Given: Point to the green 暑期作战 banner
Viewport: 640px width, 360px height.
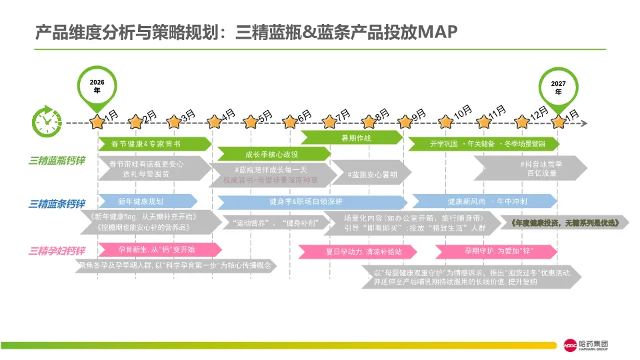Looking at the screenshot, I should pyautogui.click(x=351, y=137).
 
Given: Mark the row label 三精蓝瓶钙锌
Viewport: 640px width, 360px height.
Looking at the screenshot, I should pyautogui.click(x=57, y=161).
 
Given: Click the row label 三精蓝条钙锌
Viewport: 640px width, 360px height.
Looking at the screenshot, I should pyautogui.click(x=57, y=204).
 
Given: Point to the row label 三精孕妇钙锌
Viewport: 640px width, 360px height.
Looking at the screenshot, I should pyautogui.click(x=57, y=251).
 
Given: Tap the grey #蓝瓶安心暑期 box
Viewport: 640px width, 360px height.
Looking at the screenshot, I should pyautogui.click(x=372, y=175).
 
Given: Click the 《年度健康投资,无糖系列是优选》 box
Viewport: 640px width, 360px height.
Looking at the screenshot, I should pyautogui.click(x=568, y=223).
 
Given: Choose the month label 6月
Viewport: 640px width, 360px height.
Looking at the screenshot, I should pyautogui.click(x=304, y=115).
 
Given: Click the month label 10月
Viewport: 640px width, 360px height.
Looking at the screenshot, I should pyautogui.click(x=462, y=113).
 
